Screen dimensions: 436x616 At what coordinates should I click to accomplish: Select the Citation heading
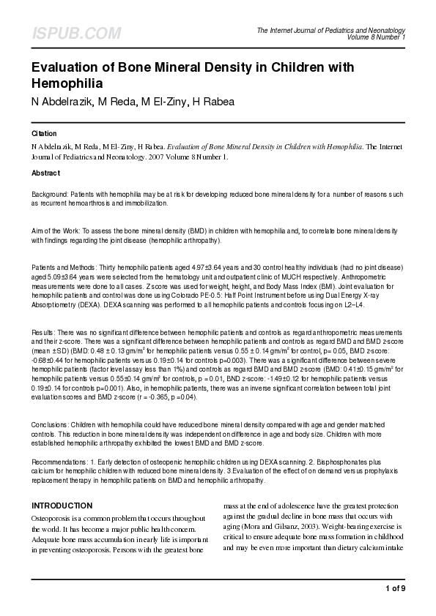point(45,134)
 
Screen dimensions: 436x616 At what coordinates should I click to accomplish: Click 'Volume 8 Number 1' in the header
point(377,37)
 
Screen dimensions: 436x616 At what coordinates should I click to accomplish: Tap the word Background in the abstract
point(50,195)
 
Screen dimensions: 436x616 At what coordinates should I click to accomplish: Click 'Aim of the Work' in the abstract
point(56,230)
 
